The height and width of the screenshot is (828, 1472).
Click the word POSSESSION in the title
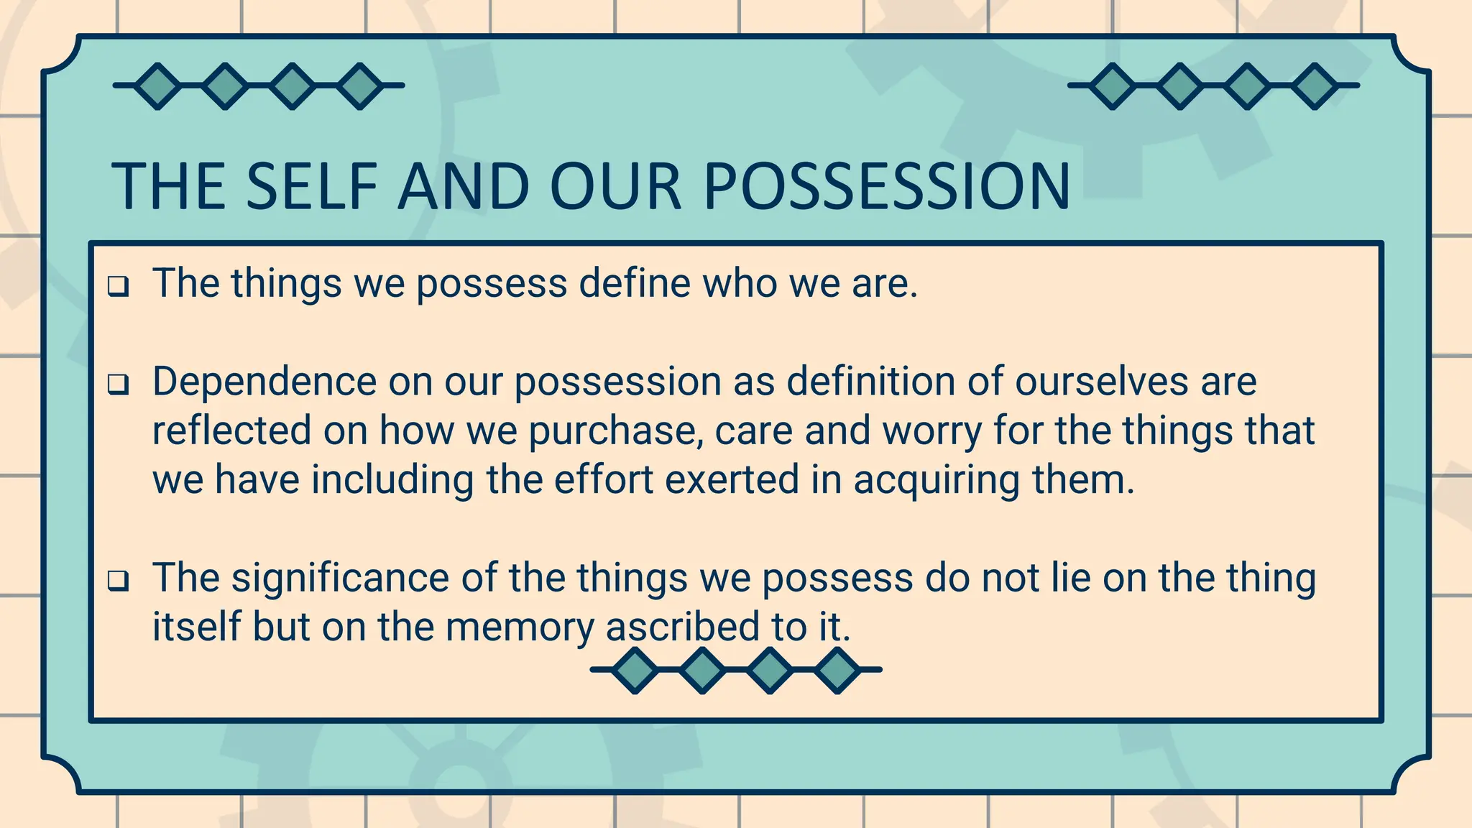click(x=886, y=187)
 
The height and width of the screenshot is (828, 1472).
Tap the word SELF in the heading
click(x=311, y=187)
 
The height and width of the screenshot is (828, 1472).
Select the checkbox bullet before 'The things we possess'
click(x=119, y=287)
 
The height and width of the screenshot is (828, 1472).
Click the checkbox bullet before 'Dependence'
click(x=119, y=385)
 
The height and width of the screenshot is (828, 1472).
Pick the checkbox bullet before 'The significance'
click(x=119, y=581)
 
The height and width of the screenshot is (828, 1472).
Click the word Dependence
click(x=264, y=381)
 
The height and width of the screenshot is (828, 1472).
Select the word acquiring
click(x=937, y=480)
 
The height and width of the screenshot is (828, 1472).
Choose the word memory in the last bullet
click(x=520, y=627)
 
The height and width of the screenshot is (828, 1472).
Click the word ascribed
click(x=683, y=626)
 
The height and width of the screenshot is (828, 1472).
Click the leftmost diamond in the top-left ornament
click(x=157, y=86)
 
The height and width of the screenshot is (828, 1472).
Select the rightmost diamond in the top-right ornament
click(x=1315, y=86)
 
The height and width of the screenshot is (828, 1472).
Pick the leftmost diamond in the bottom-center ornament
click(x=635, y=670)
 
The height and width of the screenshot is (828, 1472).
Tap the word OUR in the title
click(x=615, y=187)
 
